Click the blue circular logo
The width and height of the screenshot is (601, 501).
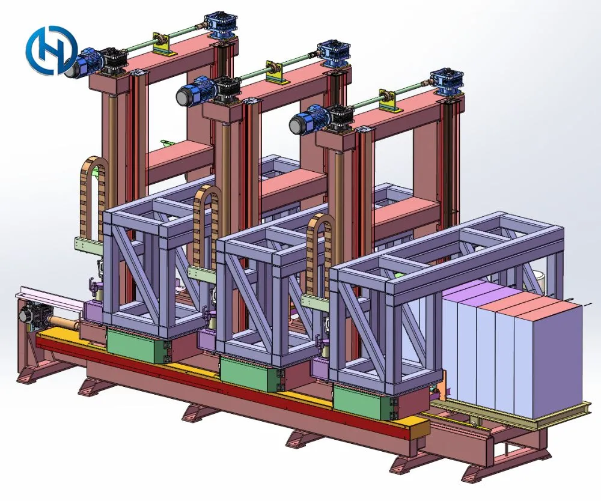(x=52, y=50)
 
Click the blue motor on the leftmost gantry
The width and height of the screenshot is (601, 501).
(x=83, y=62)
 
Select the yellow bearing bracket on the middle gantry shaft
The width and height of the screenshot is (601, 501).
(x=275, y=70)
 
